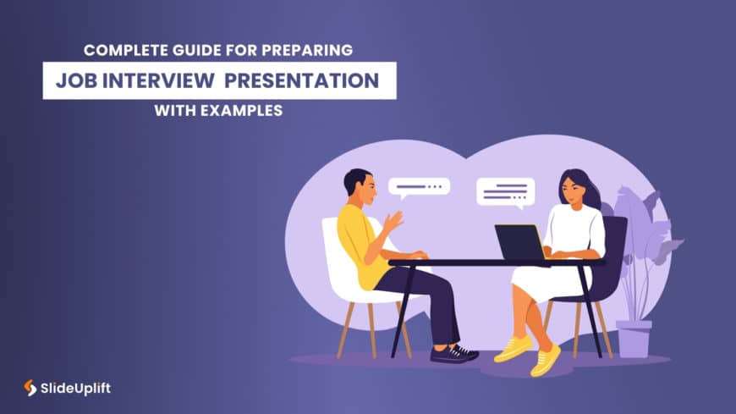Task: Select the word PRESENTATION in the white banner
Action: pos(308,81)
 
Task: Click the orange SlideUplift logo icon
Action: pos(30,388)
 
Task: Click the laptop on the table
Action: pos(519,242)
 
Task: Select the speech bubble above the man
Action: pos(419,187)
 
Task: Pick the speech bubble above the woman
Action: pos(506,191)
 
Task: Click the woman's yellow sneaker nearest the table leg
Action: pos(546,361)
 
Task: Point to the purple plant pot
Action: pos(634,338)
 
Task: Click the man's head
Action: pos(358,187)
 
